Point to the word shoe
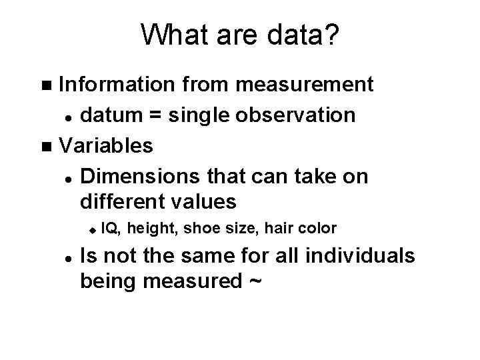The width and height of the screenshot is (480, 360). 199,229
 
